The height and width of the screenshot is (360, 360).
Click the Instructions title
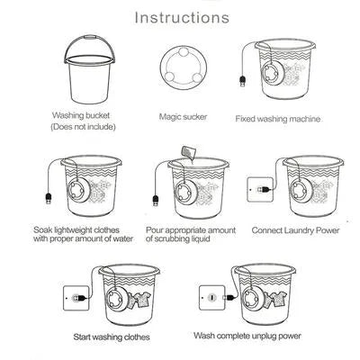[x=180, y=17]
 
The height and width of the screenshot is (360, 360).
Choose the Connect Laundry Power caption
[x=295, y=230]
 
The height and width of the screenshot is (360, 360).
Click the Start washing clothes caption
[x=112, y=337]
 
